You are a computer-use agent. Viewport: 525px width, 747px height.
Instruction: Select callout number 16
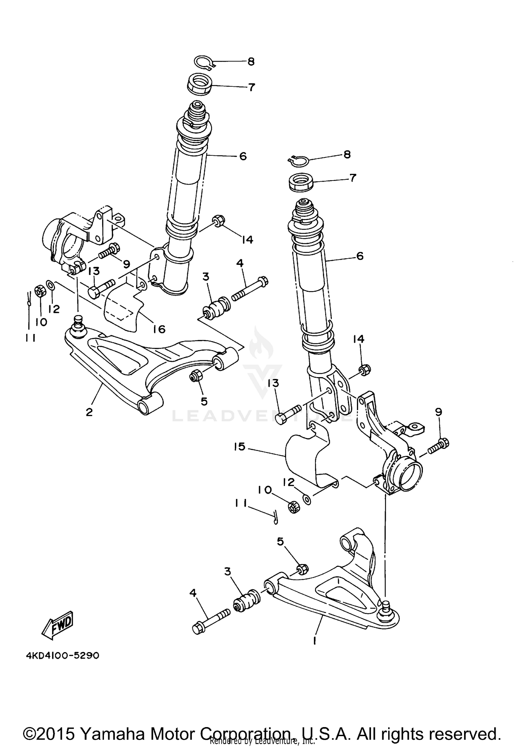pyautogui.click(x=159, y=329)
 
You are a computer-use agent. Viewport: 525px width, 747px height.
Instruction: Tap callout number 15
pyautogui.click(x=240, y=447)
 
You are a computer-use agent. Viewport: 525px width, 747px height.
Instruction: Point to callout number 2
pyautogui.click(x=89, y=412)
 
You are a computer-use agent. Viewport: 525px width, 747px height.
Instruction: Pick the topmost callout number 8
pyautogui.click(x=251, y=62)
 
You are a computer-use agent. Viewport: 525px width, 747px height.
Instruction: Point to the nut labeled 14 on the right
pyautogui.click(x=365, y=370)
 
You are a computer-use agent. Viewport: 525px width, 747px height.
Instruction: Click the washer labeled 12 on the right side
pyautogui.click(x=307, y=499)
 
